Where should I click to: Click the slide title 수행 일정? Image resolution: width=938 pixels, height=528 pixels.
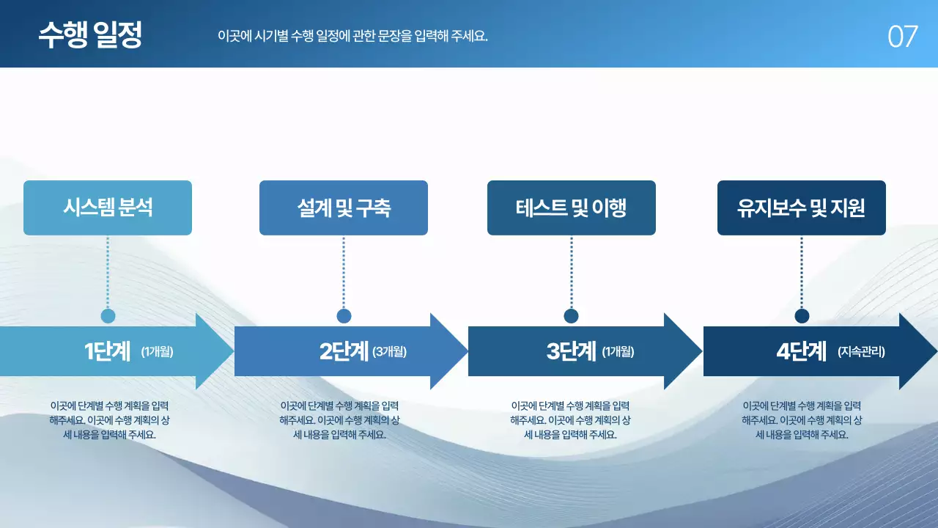pyautogui.click(x=90, y=34)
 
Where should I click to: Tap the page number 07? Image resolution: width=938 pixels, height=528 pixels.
pyautogui.click(x=902, y=37)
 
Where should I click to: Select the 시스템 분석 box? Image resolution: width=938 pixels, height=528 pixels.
pyautogui.click(x=108, y=208)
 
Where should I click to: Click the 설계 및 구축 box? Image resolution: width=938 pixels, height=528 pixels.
pyautogui.click(x=344, y=208)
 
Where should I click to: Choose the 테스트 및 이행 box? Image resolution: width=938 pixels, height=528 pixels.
pyautogui.click(x=572, y=208)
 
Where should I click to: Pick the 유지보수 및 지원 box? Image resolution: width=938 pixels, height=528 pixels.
pyautogui.click(x=802, y=208)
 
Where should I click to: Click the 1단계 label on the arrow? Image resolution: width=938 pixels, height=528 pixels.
pyautogui.click(x=108, y=351)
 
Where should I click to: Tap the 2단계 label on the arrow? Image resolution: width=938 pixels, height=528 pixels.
pyautogui.click(x=344, y=351)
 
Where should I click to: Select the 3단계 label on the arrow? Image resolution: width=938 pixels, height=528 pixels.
pyautogui.click(x=572, y=351)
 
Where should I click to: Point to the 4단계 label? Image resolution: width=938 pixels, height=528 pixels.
pyautogui.click(x=802, y=351)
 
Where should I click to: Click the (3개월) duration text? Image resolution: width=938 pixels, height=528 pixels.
pyautogui.click(x=389, y=352)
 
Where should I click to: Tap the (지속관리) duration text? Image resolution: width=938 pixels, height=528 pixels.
pyautogui.click(x=861, y=352)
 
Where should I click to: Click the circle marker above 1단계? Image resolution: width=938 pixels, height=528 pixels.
pyautogui.click(x=108, y=316)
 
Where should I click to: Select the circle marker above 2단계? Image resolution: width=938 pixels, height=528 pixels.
pyautogui.click(x=344, y=316)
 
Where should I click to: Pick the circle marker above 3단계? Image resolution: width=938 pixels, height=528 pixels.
pyautogui.click(x=572, y=316)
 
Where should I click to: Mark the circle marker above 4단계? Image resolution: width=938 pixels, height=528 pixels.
pyautogui.click(x=802, y=316)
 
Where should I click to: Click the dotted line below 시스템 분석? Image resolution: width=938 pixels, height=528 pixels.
pyautogui.click(x=108, y=271)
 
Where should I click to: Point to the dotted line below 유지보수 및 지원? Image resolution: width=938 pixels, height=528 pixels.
pyautogui.click(x=802, y=271)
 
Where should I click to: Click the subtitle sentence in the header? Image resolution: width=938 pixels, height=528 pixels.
pyautogui.click(x=352, y=36)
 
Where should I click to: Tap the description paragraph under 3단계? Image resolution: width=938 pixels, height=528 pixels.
pyautogui.click(x=570, y=420)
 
